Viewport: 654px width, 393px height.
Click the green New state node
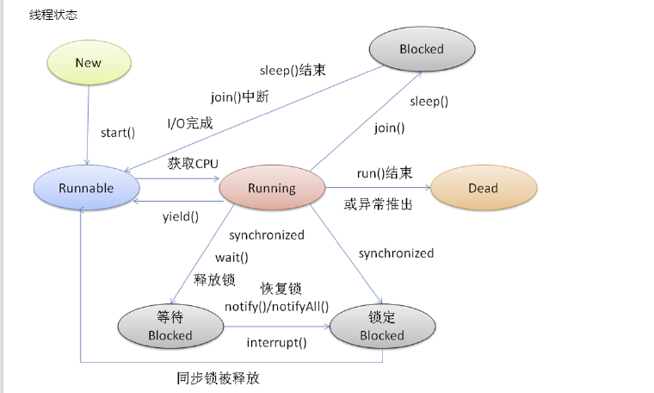(88, 63)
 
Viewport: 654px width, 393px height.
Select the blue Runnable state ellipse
(86, 188)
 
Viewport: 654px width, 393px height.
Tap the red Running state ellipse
(272, 188)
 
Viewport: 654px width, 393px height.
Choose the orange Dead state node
(483, 188)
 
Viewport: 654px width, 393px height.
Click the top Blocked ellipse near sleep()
(421, 49)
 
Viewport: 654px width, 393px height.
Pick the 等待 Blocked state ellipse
(170, 326)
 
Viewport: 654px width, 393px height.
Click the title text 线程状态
(53, 16)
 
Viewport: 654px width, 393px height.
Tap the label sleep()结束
(291, 71)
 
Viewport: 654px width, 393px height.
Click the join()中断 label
(239, 97)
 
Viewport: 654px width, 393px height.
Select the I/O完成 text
(189, 123)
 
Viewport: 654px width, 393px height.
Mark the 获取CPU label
(194, 163)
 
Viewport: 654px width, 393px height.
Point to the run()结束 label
(385, 173)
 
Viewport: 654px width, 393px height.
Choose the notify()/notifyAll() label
(276, 306)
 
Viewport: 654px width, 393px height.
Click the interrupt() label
(276, 342)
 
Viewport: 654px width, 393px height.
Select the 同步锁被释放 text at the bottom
(217, 377)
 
